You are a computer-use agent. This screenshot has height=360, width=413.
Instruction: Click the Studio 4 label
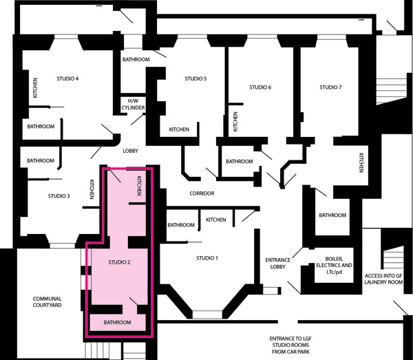(x=67, y=78)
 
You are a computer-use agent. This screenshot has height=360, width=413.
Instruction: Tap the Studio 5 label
(x=195, y=78)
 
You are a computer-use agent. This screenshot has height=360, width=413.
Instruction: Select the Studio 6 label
(x=260, y=87)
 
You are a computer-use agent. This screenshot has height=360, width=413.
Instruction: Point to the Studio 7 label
(x=330, y=87)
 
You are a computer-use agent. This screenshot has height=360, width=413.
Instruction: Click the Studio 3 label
(x=59, y=196)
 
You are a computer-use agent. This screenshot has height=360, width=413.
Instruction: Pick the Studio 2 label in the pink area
(x=120, y=262)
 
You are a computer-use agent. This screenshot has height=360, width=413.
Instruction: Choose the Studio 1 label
(x=207, y=258)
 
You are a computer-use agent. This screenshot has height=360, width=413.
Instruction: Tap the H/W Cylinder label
(x=134, y=105)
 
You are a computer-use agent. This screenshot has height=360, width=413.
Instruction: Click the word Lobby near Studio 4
(x=130, y=151)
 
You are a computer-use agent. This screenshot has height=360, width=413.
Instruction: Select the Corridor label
(x=202, y=193)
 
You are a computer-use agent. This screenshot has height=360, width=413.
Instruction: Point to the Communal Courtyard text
(x=47, y=301)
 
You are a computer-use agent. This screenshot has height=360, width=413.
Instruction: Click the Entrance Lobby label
(x=278, y=264)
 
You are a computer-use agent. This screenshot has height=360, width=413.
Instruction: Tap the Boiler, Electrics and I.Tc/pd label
(x=335, y=265)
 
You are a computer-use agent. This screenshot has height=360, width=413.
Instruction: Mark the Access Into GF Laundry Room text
(x=384, y=279)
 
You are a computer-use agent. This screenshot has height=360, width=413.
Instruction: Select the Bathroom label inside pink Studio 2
(x=118, y=322)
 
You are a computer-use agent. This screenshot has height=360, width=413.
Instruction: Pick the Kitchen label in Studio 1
(x=216, y=220)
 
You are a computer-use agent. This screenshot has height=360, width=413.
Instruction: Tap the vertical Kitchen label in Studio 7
(x=361, y=162)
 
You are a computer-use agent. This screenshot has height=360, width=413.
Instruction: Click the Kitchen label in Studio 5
(x=179, y=129)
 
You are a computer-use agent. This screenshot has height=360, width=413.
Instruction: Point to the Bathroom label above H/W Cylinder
(x=136, y=59)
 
